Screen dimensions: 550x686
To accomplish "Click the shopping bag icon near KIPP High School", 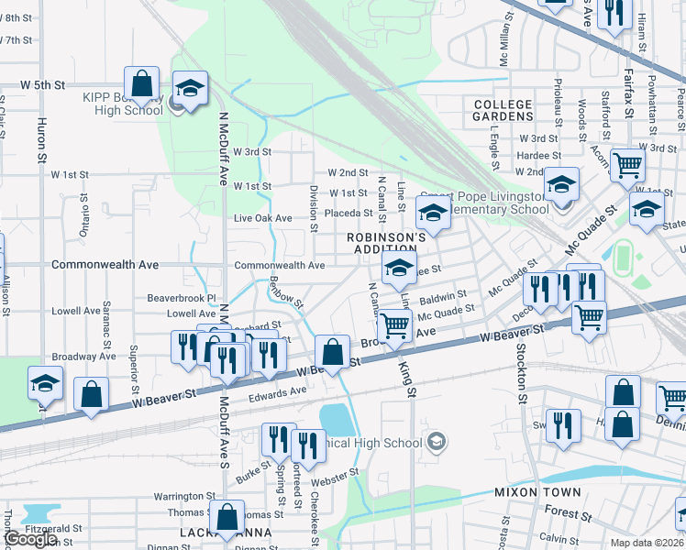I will click(142, 84).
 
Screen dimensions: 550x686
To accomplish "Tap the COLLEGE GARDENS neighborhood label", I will click(503, 111).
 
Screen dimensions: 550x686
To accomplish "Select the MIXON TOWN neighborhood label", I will click(526, 492).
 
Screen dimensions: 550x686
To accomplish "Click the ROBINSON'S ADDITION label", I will click(386, 243).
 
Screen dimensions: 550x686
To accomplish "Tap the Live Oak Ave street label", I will click(262, 218).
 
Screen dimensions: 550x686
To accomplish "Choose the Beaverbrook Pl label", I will click(182, 298).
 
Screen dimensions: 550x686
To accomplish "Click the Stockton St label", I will click(521, 385).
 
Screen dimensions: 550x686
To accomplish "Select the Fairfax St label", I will click(629, 97).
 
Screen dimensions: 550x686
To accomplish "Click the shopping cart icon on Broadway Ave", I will click(394, 325).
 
